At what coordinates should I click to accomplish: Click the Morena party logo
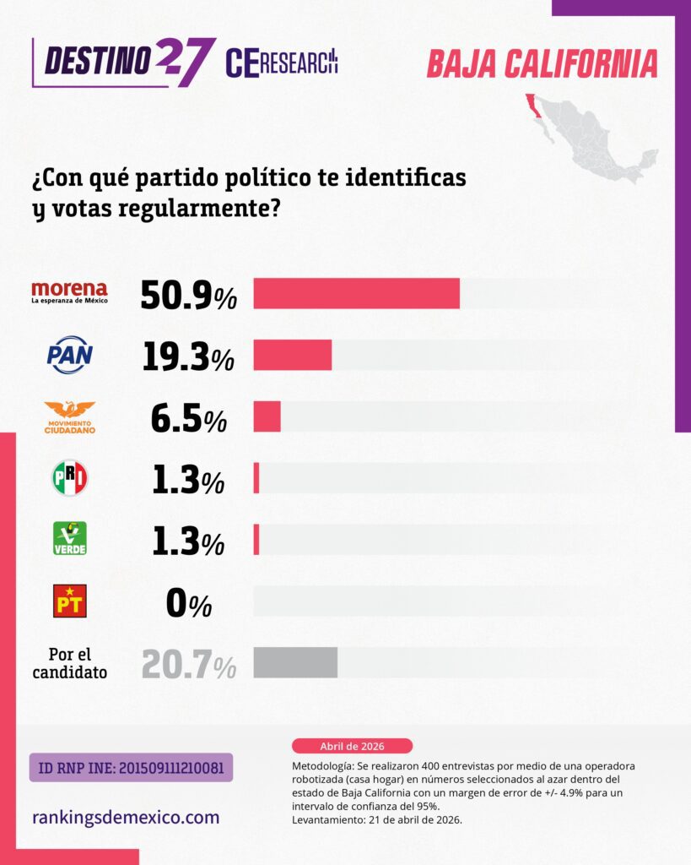(69, 292)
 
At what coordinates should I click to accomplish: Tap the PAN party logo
(69, 355)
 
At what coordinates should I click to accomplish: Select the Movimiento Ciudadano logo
(69, 417)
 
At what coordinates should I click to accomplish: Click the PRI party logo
(69, 478)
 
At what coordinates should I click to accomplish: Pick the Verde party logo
(69, 539)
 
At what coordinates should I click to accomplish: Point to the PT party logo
(69, 601)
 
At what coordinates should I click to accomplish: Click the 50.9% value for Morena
(187, 294)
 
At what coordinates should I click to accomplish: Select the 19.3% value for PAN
(187, 356)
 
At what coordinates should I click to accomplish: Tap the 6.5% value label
(187, 418)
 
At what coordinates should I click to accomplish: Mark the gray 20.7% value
(188, 664)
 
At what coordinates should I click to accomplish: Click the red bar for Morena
(356, 293)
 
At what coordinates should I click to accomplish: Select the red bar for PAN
(292, 355)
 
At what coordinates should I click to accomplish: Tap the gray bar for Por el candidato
(295, 662)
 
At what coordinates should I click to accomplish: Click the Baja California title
(542, 63)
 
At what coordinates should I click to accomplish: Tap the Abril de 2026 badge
(352, 746)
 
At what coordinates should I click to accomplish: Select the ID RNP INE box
(131, 768)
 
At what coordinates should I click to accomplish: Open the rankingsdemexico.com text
(126, 817)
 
